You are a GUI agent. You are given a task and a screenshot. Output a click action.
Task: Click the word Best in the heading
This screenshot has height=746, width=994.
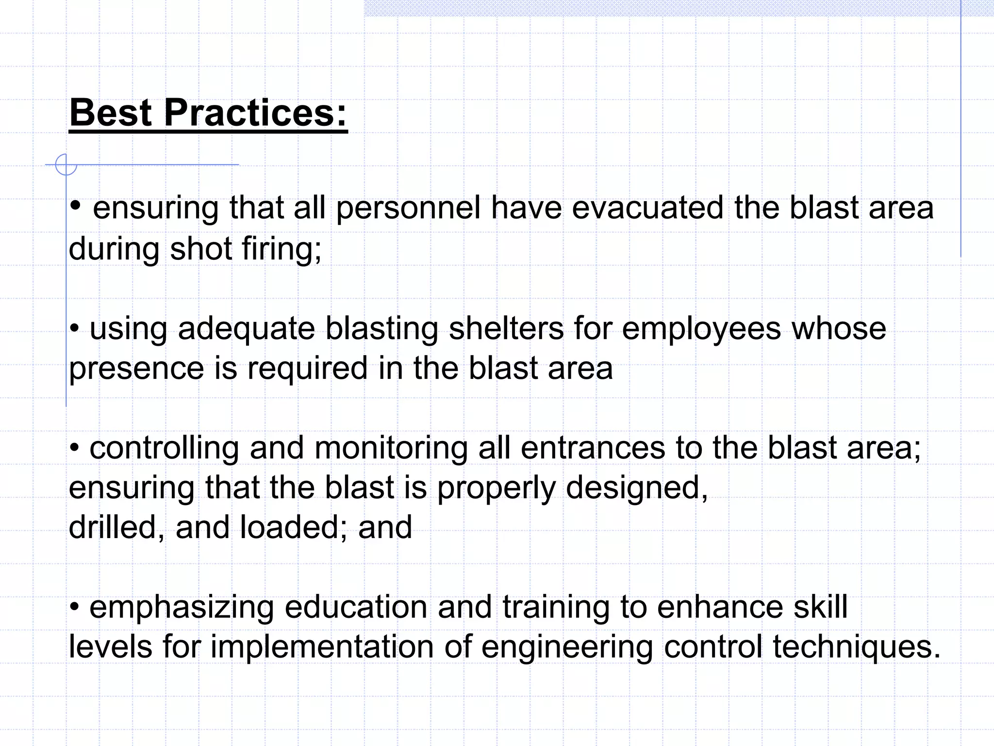tap(111, 113)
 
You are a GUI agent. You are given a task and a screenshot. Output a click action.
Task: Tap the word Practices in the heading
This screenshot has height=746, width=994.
tap(255, 113)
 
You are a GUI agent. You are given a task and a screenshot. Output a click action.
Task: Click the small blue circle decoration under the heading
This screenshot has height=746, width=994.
tap(66, 165)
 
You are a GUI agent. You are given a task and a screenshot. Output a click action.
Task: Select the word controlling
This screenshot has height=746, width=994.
tap(164, 449)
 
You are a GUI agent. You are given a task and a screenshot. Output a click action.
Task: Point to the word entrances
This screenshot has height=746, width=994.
tap(593, 448)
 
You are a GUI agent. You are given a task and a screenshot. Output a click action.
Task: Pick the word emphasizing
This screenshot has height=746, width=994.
tap(182, 609)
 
